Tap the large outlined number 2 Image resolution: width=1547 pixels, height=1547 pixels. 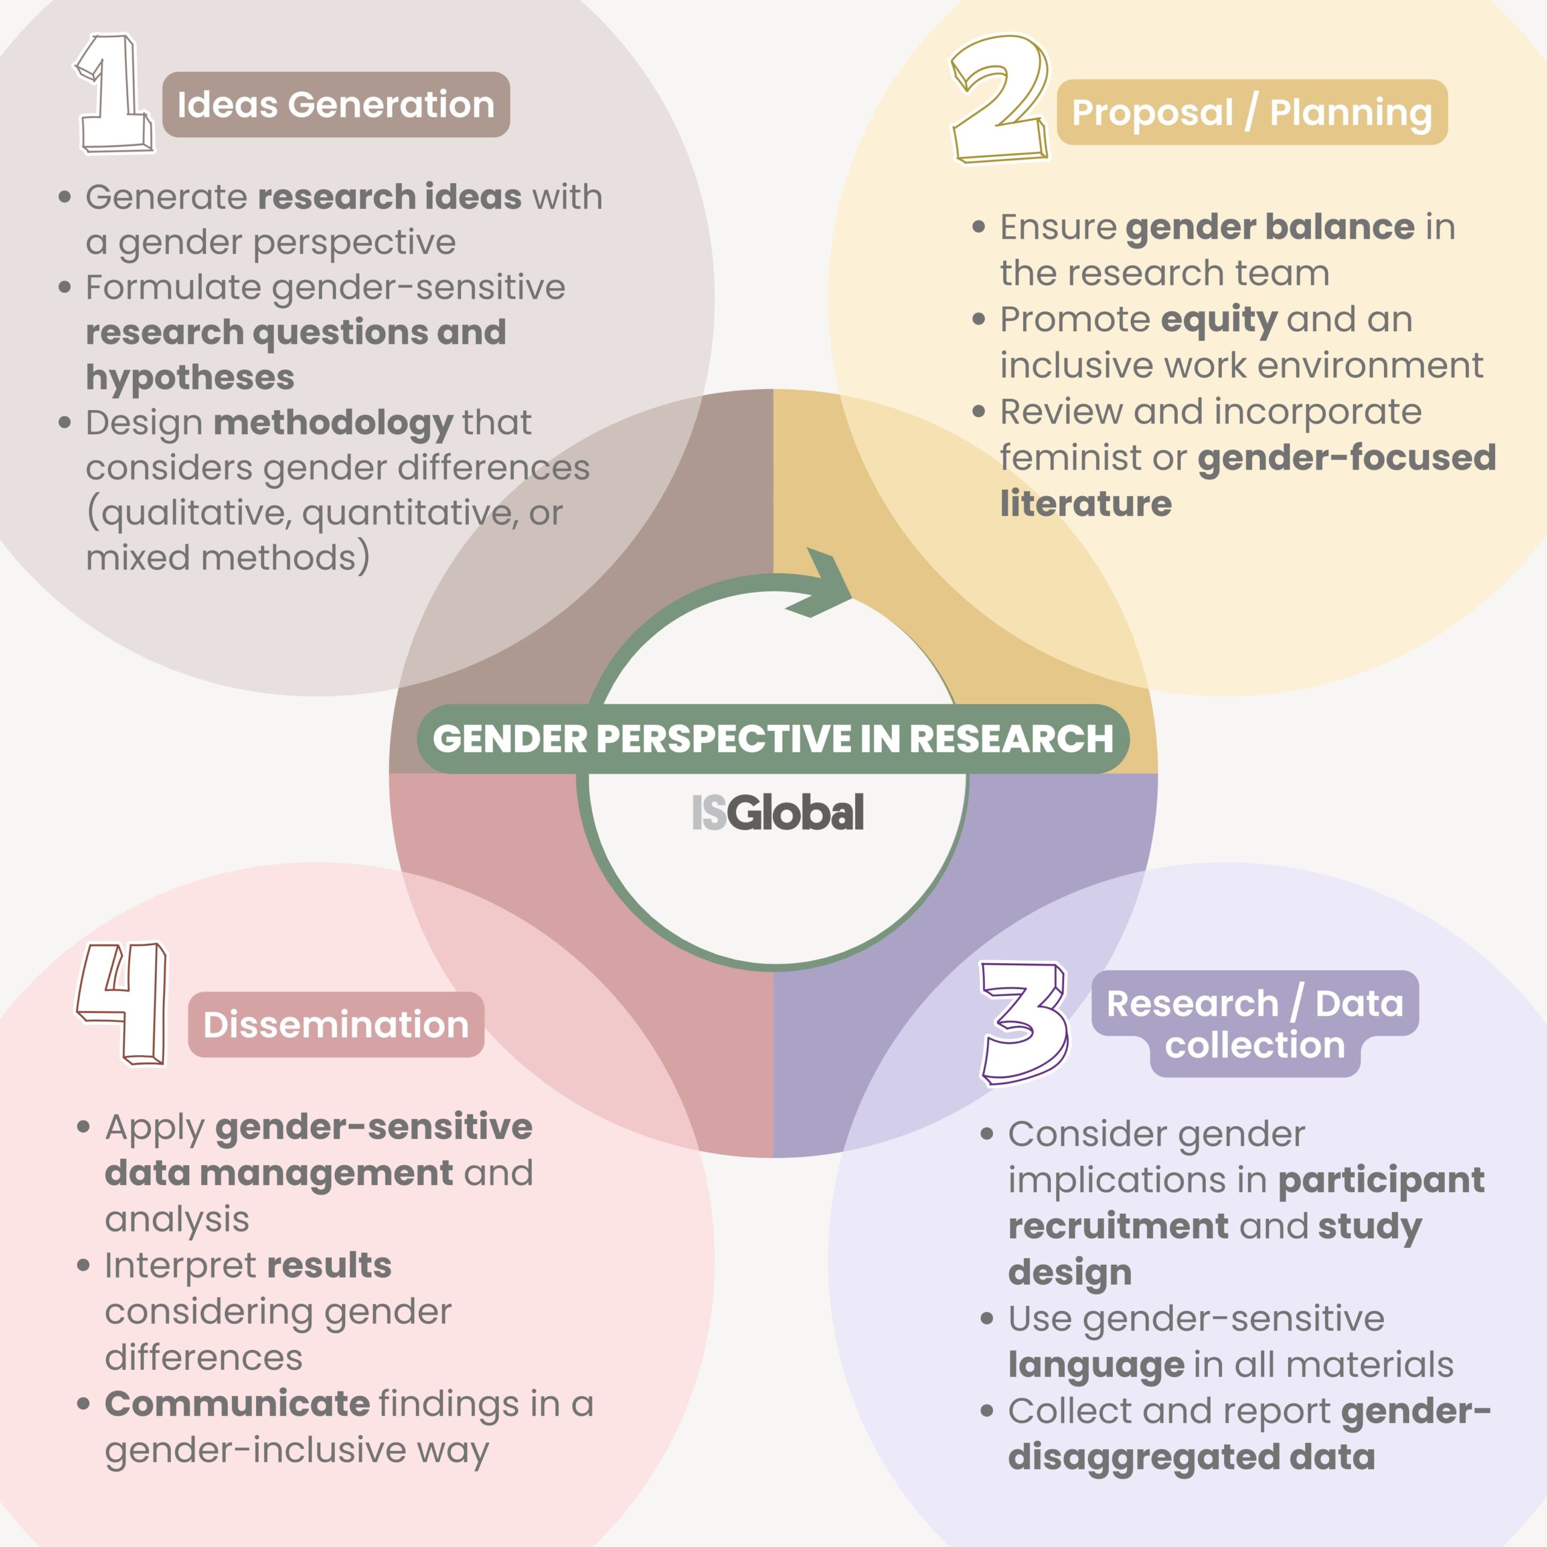coord(1000,99)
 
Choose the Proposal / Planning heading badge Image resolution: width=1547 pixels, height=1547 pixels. coord(1251,112)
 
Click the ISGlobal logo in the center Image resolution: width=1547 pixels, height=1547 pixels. coord(778,812)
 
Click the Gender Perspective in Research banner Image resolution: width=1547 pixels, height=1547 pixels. coord(773,738)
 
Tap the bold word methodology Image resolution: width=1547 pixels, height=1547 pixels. coord(333,424)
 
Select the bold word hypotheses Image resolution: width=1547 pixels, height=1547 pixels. coord(190,377)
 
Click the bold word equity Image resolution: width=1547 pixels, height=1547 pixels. coord(1219,320)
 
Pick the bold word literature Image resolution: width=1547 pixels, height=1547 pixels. coord(1086,503)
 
